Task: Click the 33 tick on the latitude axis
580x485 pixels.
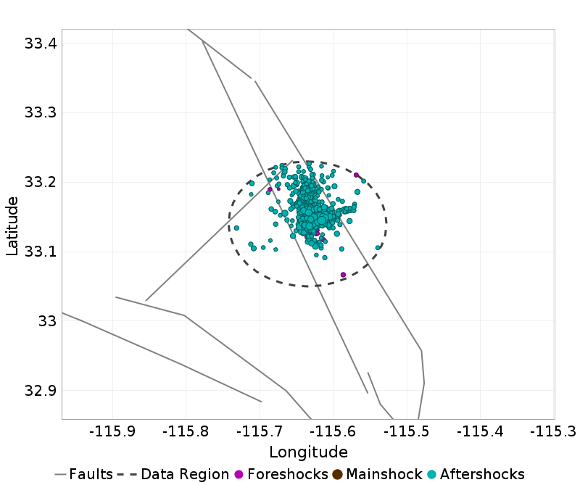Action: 46,321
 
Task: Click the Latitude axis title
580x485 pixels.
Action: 12,224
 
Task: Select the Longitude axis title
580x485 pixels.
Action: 308,452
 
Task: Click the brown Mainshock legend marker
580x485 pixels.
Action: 338,475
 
